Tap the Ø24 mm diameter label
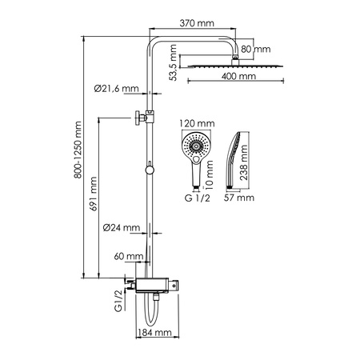(x=121, y=227)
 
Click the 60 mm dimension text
(x=128, y=256)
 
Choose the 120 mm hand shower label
(x=194, y=123)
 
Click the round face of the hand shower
(x=194, y=147)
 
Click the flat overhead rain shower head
(x=234, y=66)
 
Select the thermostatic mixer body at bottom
(x=157, y=282)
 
